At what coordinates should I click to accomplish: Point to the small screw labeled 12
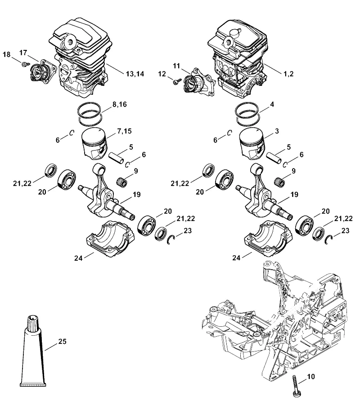click(x=176, y=82)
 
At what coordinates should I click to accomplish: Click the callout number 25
click(x=63, y=341)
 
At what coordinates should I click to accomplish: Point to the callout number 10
click(x=310, y=377)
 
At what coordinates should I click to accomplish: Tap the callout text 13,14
click(x=135, y=74)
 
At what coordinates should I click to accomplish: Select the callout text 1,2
click(x=288, y=74)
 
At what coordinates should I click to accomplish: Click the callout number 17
click(x=23, y=53)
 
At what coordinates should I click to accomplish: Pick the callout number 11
click(x=176, y=66)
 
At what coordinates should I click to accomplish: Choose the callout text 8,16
click(x=120, y=104)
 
